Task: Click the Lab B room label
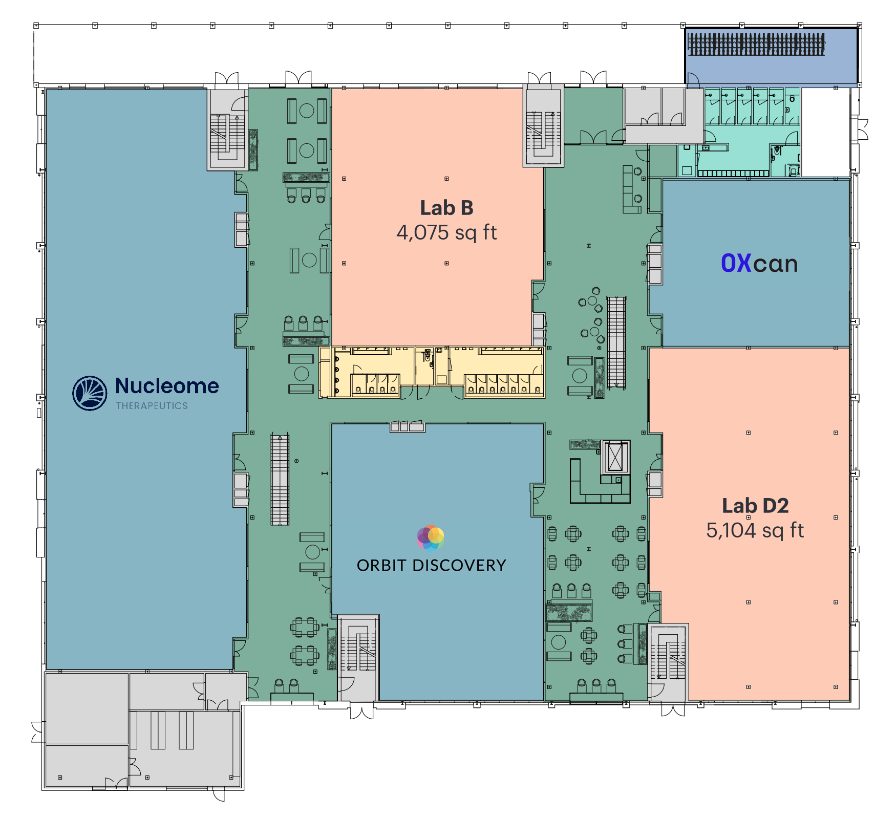pyautogui.click(x=446, y=208)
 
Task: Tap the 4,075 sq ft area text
pyautogui.click(x=446, y=233)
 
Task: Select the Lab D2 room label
pyautogui.click(x=755, y=506)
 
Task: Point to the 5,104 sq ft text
pyautogui.click(x=755, y=531)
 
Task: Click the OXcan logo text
pyautogui.click(x=759, y=264)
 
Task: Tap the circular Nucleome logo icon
pyautogui.click(x=90, y=393)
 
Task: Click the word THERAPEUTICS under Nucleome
pyautogui.click(x=152, y=406)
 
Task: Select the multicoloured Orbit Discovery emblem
pyautogui.click(x=431, y=537)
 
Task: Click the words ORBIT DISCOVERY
pyautogui.click(x=432, y=566)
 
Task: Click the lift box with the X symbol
pyautogui.click(x=615, y=457)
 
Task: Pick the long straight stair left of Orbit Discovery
pyautogui.click(x=280, y=480)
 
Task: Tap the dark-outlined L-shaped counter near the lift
pyautogui.click(x=600, y=482)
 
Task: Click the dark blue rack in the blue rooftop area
pyautogui.click(x=756, y=44)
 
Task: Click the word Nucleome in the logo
pyautogui.click(x=167, y=386)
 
